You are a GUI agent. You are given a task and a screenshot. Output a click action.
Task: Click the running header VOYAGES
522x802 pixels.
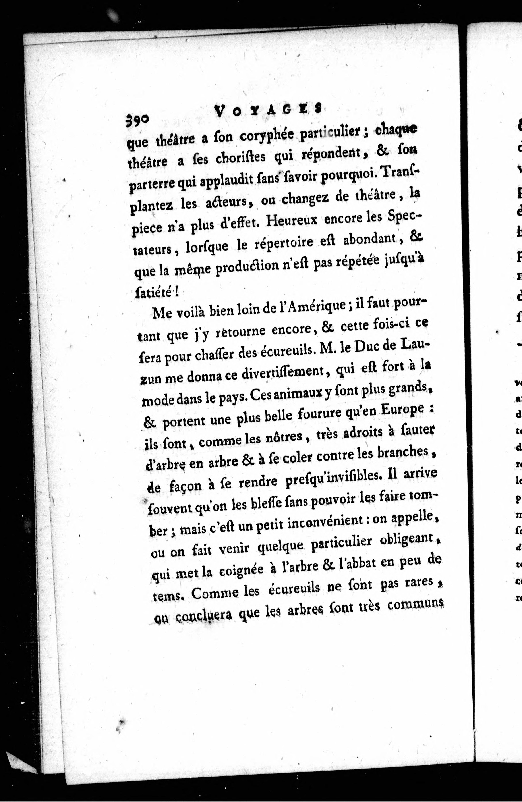tap(268, 110)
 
